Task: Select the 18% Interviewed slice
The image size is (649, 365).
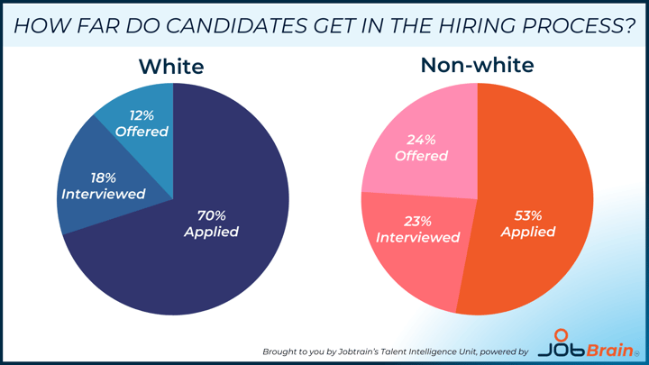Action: click(x=104, y=187)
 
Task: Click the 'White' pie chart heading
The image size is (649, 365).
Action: click(x=171, y=67)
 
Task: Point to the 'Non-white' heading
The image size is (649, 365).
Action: click(x=477, y=65)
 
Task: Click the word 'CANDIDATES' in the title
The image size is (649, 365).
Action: click(x=237, y=25)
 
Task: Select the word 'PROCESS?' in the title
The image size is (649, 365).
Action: click(x=578, y=25)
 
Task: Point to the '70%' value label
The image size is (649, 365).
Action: click(x=212, y=215)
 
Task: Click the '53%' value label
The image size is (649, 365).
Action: click(x=528, y=215)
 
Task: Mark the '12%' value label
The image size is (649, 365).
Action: click(x=142, y=115)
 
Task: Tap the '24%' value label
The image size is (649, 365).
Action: click(x=421, y=140)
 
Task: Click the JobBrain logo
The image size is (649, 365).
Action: click(x=586, y=344)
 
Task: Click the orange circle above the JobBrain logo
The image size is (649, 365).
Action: click(x=562, y=334)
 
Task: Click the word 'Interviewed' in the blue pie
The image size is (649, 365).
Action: click(x=104, y=194)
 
